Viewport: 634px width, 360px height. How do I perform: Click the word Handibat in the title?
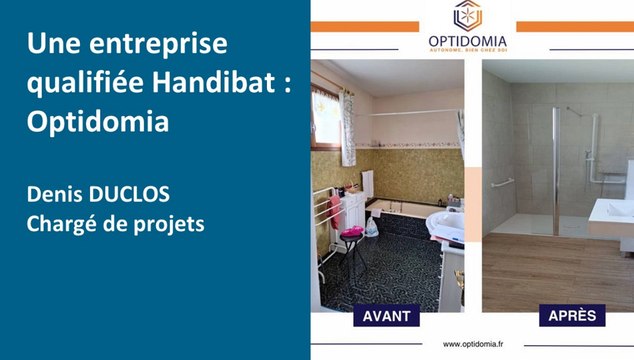[x=216, y=84]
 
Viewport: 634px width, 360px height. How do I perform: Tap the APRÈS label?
[x=572, y=316]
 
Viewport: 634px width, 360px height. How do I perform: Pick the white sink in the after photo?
[x=611, y=210]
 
